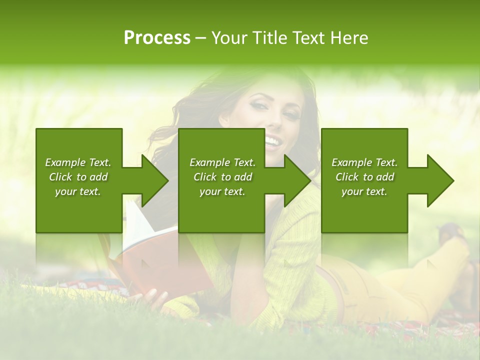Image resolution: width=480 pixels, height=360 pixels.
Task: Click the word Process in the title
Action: click(157, 38)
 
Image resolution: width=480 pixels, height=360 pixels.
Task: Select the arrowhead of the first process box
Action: click(155, 180)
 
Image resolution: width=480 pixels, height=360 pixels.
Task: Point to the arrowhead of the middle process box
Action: click(298, 180)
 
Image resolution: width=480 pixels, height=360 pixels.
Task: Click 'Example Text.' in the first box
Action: click(78, 162)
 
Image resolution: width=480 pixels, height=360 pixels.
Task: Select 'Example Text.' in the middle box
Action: click(222, 162)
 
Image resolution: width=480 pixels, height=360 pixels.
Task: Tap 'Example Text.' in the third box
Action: click(364, 162)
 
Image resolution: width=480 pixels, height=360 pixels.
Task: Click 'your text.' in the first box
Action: click(78, 191)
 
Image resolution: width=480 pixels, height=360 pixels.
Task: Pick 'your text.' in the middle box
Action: click(222, 191)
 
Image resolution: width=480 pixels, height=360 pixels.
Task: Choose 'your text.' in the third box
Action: click(364, 191)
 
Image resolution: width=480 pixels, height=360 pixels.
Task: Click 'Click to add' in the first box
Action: click(78, 177)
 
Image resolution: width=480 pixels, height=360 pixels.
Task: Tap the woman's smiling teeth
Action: click(273, 141)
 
